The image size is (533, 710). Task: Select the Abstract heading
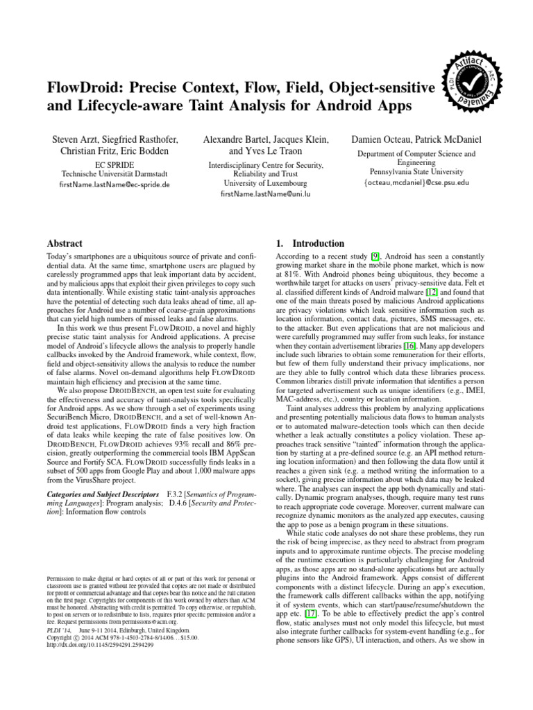tap(64, 243)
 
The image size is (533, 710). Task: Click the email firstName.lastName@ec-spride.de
tap(105, 184)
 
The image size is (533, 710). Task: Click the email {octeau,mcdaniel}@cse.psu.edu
tap(416, 183)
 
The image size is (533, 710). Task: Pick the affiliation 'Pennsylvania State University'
tap(416, 172)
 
